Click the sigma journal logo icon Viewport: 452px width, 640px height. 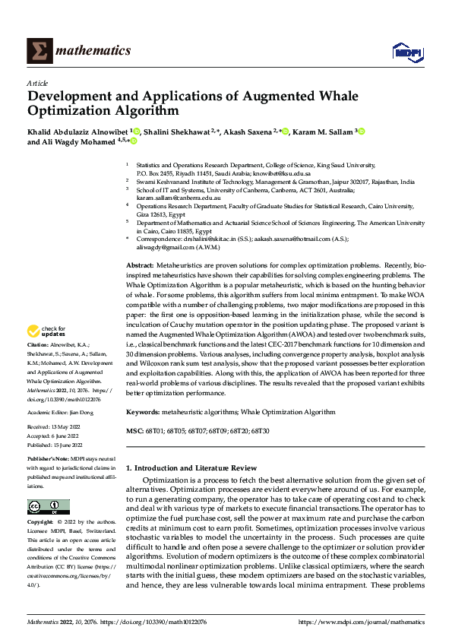pos(39,50)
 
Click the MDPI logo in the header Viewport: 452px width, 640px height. pos(406,51)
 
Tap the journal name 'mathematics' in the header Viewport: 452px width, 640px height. pos(96,51)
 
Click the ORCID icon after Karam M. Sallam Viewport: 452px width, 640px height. pos(362,131)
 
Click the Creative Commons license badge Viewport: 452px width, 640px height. pos(48,507)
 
